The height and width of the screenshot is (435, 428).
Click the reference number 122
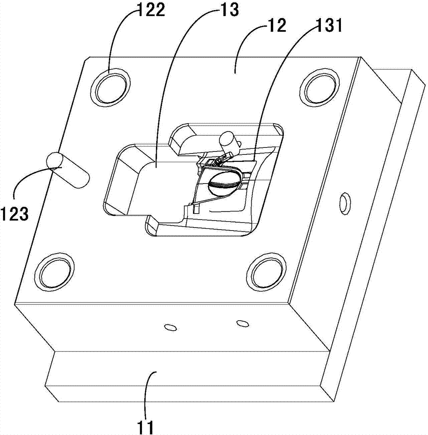[152, 10]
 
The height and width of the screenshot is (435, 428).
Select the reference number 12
[276, 25]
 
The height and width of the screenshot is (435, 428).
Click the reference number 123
[14, 214]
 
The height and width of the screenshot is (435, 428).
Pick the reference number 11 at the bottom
[146, 428]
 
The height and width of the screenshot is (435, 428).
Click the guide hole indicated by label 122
[111, 87]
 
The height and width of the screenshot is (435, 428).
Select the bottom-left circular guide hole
[55, 271]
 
